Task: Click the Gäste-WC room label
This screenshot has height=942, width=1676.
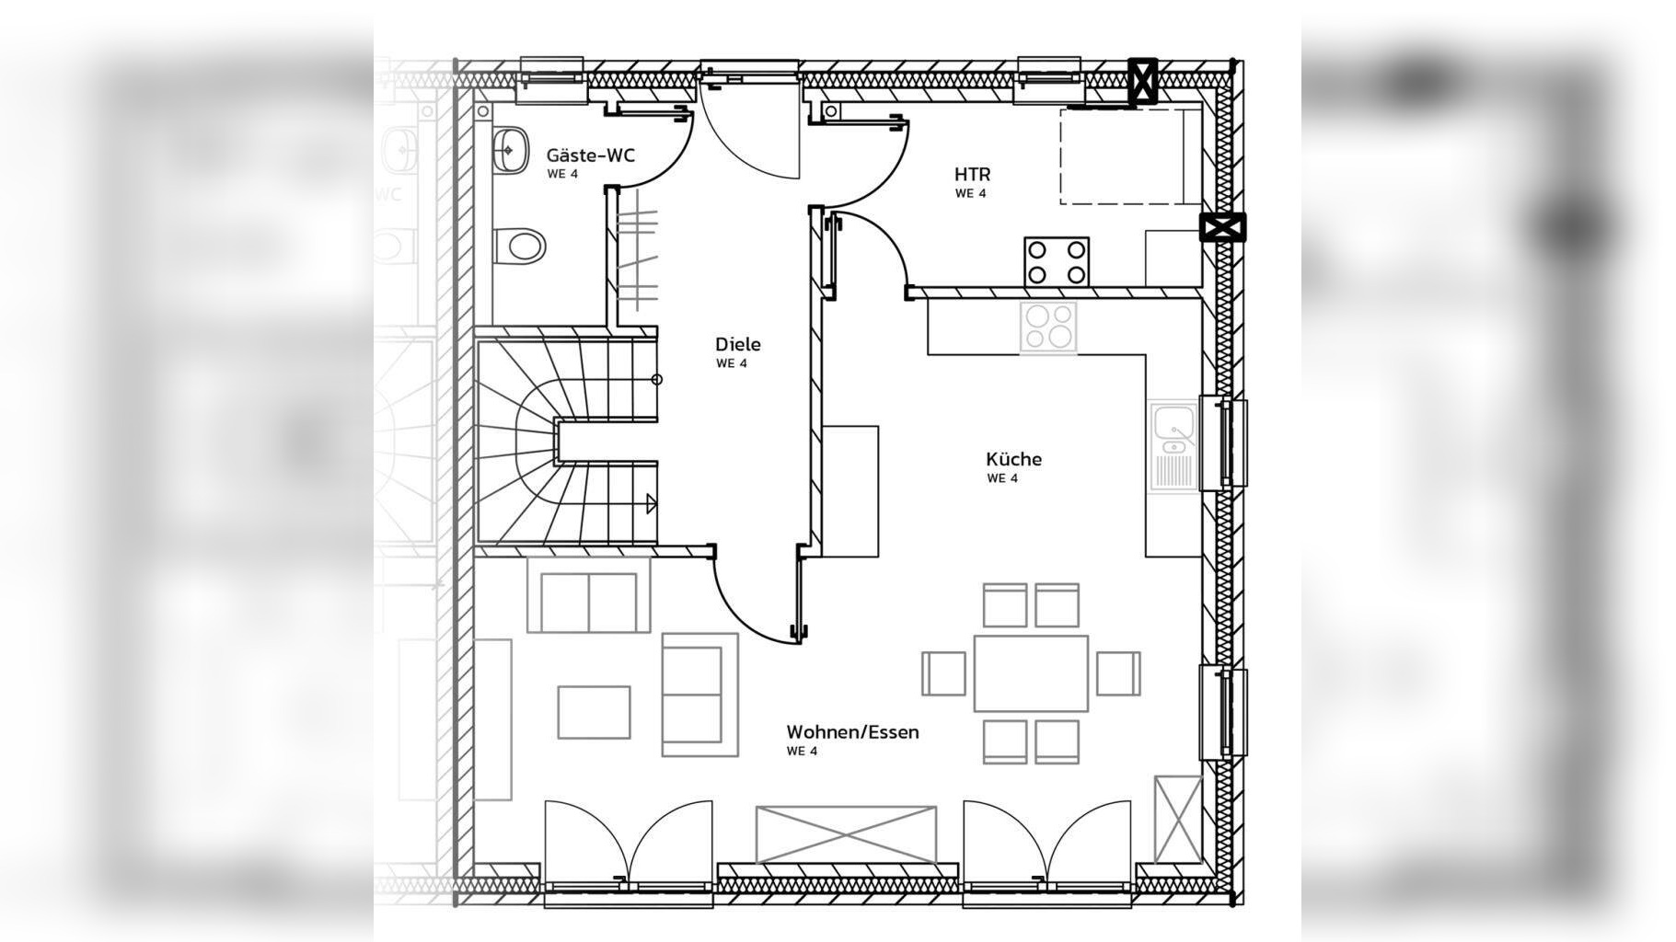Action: tap(590, 155)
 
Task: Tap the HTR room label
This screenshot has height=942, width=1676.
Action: tap(972, 174)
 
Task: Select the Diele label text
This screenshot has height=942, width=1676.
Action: tap(738, 344)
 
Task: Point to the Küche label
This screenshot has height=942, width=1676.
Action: tap(1013, 459)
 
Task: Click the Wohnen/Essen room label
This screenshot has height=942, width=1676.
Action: tap(852, 732)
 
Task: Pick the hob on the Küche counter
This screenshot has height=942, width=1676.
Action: tap(1048, 327)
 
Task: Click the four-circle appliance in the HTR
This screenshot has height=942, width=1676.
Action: tap(1057, 261)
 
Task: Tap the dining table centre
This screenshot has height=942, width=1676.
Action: tap(1031, 673)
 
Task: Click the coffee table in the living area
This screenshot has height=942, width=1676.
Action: tap(595, 712)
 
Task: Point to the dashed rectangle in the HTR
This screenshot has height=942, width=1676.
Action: tap(1122, 156)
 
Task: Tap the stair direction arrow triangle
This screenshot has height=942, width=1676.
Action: tap(652, 503)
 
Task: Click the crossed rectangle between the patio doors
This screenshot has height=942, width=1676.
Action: tap(846, 835)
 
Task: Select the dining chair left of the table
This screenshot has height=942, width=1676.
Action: tap(944, 673)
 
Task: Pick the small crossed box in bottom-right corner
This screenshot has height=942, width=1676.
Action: tap(1178, 819)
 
